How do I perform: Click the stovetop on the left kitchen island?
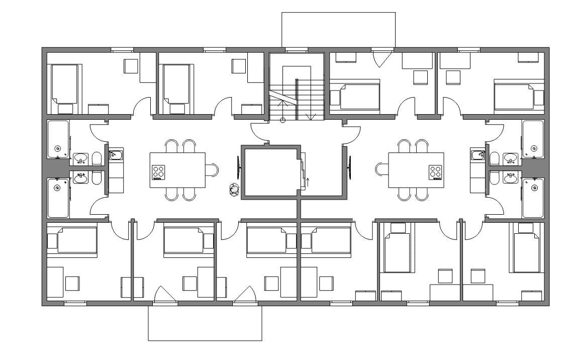(159, 172)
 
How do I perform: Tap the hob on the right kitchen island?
(436, 172)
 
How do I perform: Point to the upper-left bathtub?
(58, 139)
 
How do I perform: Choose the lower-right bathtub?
(533, 198)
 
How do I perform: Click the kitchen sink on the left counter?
(115, 155)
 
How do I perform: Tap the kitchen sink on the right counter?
(477, 155)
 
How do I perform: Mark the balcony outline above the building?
(338, 29)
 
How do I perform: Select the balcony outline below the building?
(205, 323)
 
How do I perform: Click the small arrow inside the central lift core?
(307, 181)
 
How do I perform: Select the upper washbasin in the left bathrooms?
(80, 159)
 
